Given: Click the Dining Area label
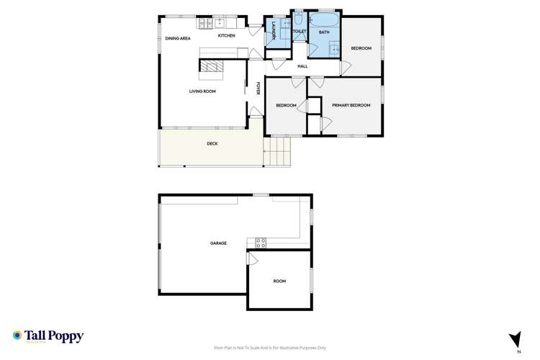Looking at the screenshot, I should (178, 37).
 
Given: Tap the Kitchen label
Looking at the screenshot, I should (227, 35).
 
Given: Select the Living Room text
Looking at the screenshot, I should (202, 91).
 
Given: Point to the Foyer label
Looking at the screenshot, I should (258, 89).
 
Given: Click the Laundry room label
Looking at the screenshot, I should (274, 32).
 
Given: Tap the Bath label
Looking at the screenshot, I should (324, 32).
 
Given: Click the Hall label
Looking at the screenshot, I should (302, 67).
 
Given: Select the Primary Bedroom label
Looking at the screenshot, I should (351, 106).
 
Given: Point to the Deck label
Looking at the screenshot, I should (212, 144).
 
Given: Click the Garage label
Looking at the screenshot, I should (218, 243).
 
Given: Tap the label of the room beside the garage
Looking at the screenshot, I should (279, 281).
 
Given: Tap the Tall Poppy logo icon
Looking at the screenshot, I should (17, 336).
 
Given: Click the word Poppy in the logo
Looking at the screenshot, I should (67, 336).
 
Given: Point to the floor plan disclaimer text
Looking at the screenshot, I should (269, 346).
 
